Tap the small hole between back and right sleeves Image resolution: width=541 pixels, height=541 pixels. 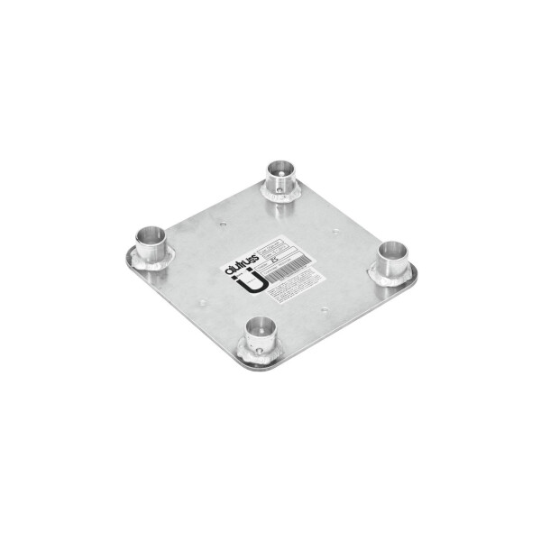(335, 231)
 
